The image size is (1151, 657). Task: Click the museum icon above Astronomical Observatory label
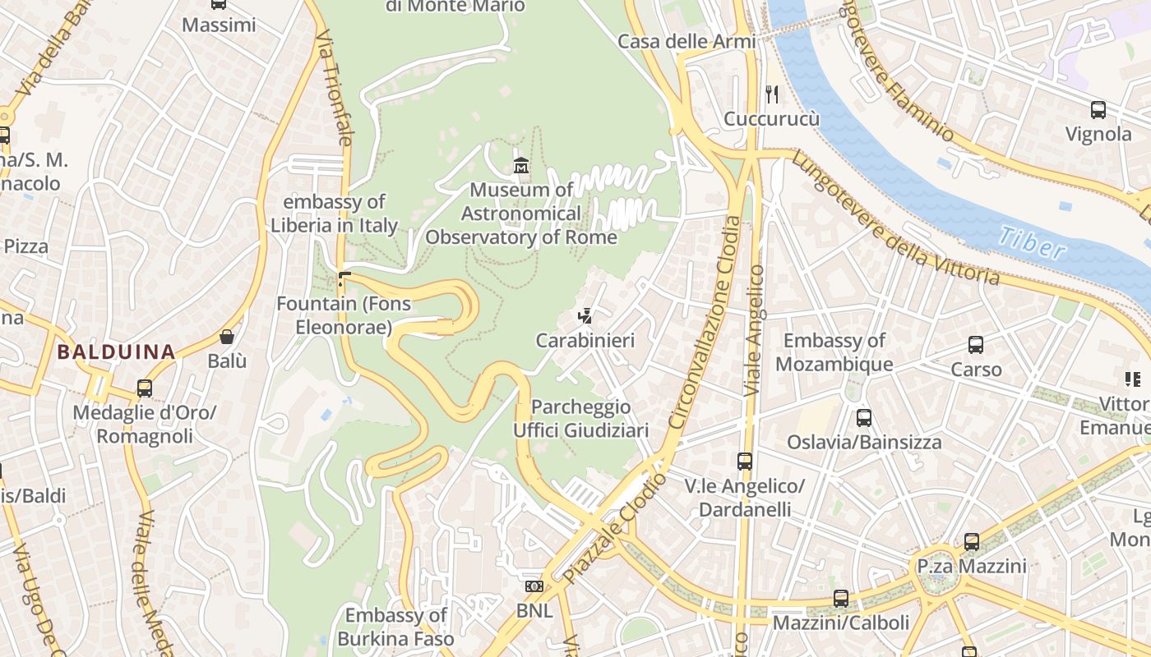click(x=520, y=166)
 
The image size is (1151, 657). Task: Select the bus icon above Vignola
click(x=1098, y=109)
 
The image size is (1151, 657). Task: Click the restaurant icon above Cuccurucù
click(x=771, y=94)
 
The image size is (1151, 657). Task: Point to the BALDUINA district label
click(x=116, y=353)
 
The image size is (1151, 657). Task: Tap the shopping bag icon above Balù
click(x=227, y=337)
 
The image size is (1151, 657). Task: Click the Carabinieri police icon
click(x=585, y=315)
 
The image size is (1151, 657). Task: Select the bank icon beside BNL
click(x=534, y=586)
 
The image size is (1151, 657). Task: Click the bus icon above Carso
click(x=976, y=345)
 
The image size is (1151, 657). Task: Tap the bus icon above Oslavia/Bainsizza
click(x=863, y=417)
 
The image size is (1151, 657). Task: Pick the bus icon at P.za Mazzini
click(x=972, y=542)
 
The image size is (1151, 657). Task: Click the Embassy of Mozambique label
click(x=834, y=352)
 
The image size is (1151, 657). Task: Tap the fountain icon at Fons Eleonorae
click(x=344, y=280)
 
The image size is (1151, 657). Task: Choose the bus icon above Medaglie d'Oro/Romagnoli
click(x=145, y=388)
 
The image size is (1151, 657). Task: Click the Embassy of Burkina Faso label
click(x=395, y=627)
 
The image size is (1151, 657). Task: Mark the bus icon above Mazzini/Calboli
click(x=840, y=599)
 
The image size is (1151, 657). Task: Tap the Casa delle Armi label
click(x=686, y=41)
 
